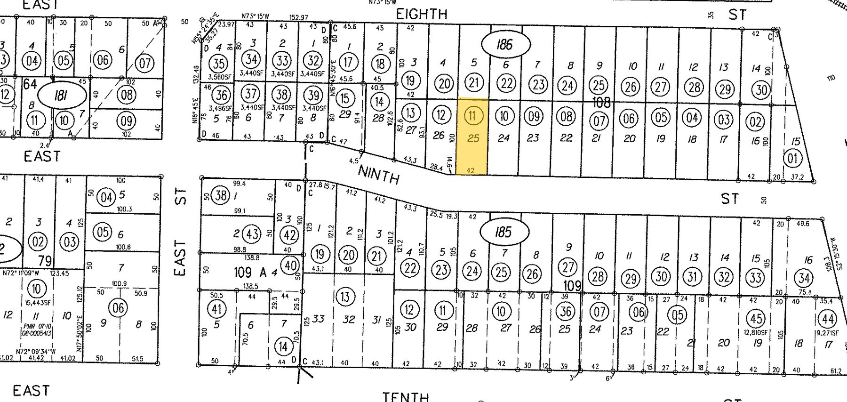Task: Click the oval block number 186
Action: click(x=505, y=45)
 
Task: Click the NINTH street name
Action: click(x=379, y=175)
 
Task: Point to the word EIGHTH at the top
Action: click(x=422, y=14)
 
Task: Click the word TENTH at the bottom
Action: click(x=406, y=397)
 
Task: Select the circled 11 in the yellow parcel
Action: click(x=473, y=115)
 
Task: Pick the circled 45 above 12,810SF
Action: click(x=756, y=318)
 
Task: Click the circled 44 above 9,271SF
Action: click(x=828, y=319)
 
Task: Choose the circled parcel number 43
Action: click(x=253, y=233)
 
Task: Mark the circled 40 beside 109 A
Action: click(x=290, y=265)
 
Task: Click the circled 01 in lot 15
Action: click(x=793, y=158)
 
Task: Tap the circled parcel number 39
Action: click(x=312, y=95)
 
